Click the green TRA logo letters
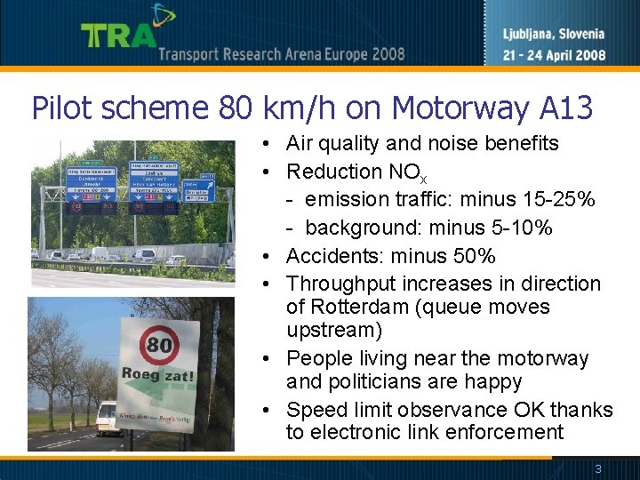[117, 35]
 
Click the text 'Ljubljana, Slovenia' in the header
[548, 35]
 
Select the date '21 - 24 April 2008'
[548, 55]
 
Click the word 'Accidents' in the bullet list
[329, 256]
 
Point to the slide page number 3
[598, 468]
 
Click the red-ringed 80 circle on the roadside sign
[158, 343]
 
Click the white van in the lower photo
[107, 419]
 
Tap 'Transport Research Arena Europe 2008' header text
[282, 54]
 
